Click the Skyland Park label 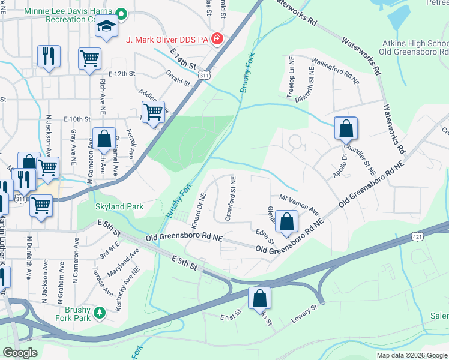(119, 206)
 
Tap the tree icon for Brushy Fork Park (100, 313)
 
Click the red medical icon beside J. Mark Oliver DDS (216, 40)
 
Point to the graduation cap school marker (107, 27)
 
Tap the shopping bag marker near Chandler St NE (346, 128)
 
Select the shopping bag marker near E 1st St (259, 298)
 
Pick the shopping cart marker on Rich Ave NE (89, 58)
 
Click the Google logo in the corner (20, 353)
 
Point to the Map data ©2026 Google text (411, 355)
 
